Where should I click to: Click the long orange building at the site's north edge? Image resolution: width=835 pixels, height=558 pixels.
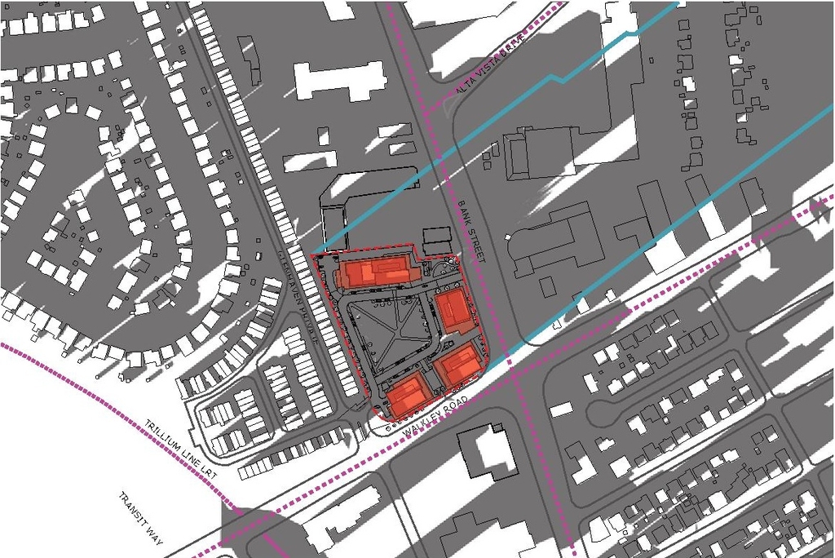[x=375, y=272]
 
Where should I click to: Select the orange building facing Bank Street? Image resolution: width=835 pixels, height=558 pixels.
[x=453, y=312]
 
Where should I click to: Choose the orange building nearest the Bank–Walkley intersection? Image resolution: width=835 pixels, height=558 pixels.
[x=457, y=365]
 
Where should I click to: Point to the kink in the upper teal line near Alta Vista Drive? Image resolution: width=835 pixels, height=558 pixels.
[x=557, y=78]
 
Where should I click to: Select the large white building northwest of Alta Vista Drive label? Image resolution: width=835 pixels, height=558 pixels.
[x=340, y=80]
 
